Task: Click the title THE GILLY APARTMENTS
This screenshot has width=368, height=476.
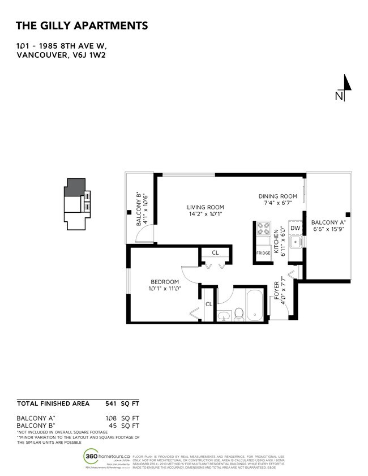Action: (82, 25)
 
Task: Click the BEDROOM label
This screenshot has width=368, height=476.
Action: (164, 282)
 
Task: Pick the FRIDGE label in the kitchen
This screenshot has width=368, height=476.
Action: (263, 253)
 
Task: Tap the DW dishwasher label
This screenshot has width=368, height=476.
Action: (294, 229)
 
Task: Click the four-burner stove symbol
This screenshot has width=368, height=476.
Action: (264, 229)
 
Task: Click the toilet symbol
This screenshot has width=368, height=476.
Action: (238, 312)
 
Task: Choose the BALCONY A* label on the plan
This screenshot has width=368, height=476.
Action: (328, 224)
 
